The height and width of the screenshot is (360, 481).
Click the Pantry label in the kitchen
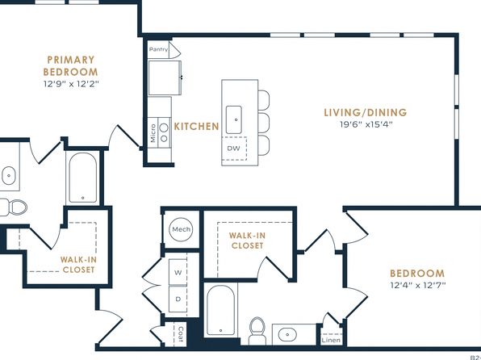click(159, 49)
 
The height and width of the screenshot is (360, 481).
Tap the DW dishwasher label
click(233, 149)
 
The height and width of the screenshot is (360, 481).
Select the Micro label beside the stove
click(153, 133)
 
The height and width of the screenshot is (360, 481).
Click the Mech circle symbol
click(181, 229)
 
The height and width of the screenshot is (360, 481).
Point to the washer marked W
click(178, 272)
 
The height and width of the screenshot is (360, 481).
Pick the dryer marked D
click(178, 299)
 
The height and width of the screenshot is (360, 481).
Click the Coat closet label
click(181, 334)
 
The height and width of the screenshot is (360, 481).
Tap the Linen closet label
click(331, 340)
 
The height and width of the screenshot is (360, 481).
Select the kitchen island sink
click(234, 119)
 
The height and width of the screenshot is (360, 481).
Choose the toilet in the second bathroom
click(257, 331)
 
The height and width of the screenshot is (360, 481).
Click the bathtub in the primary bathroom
click(83, 178)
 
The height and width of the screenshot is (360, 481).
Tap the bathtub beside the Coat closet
click(220, 310)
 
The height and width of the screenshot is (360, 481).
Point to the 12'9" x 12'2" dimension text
click(71, 84)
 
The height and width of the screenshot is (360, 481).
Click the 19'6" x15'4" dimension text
click(366, 124)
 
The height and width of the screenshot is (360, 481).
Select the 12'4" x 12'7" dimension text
click(418, 285)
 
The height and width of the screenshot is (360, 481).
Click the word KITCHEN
click(196, 127)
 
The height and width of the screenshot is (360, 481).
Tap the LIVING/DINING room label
click(366, 112)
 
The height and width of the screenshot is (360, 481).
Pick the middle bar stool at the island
click(264, 123)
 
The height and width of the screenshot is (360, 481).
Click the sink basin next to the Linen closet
click(287, 334)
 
